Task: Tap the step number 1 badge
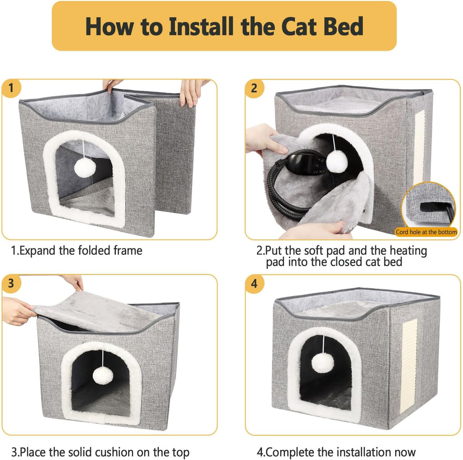pyautogui.click(x=11, y=88)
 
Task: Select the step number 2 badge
pyautogui.click(x=254, y=88)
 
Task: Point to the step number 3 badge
pyautogui.click(x=11, y=283)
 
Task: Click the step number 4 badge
pyautogui.click(x=254, y=284)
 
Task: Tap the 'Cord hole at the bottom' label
pyautogui.click(x=426, y=232)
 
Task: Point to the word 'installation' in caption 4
pyautogui.click(x=360, y=452)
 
